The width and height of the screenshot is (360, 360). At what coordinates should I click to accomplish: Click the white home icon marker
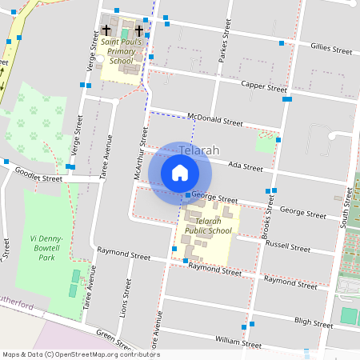coord(180,173)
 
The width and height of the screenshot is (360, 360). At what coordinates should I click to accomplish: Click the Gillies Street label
coord(330,50)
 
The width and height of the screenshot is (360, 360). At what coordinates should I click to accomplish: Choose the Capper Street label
coord(264,86)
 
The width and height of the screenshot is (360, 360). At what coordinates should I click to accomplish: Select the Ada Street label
coord(245,166)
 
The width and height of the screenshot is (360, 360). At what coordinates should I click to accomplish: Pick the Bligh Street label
coord(313,324)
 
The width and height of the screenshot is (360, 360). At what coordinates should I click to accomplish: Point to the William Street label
coord(238,342)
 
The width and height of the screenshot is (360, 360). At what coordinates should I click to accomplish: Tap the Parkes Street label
coord(225,45)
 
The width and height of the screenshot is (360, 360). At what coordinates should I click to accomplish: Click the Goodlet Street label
coord(38,178)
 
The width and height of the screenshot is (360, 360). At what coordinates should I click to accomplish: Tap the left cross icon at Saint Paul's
coord(106,30)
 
